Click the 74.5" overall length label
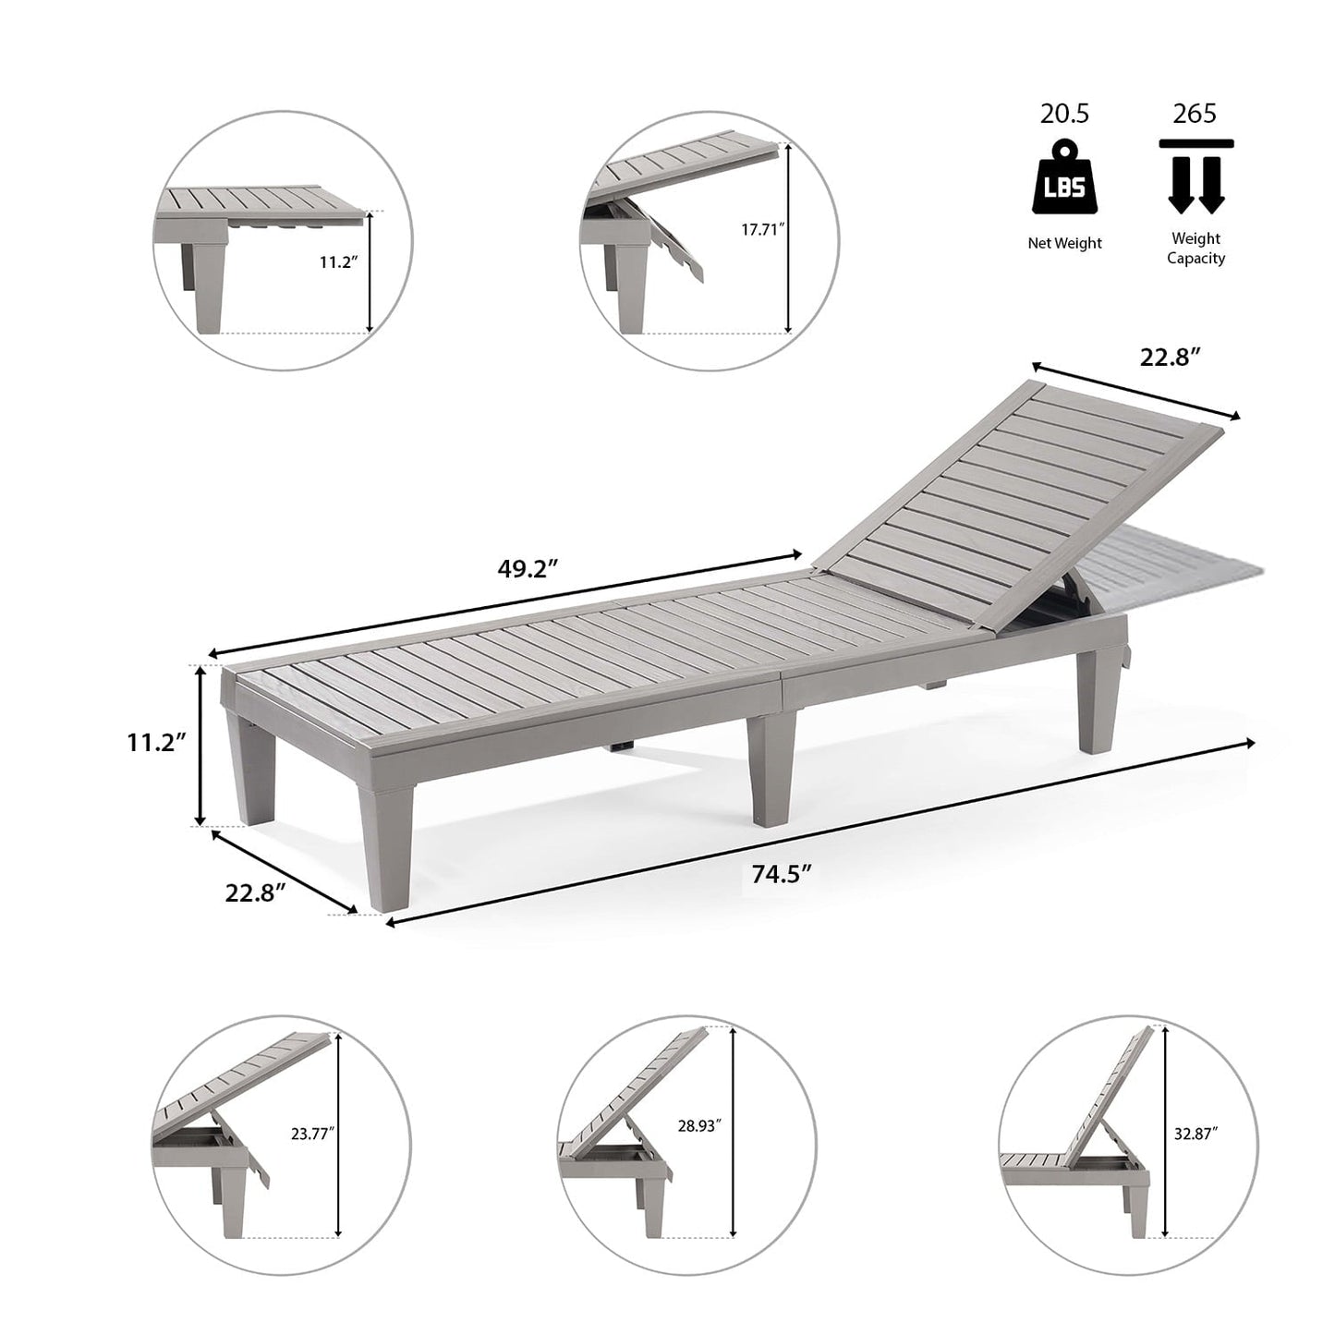tap(781, 874)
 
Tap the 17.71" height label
tap(762, 230)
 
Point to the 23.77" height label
tap(312, 1133)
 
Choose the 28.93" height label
tap(698, 1125)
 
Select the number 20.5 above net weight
tap(1064, 115)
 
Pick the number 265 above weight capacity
tap(1195, 115)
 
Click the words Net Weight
tap(1064, 243)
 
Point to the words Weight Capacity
tap(1195, 249)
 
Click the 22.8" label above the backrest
tap(1169, 358)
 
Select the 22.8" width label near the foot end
tap(255, 893)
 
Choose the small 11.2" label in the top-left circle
tap(338, 262)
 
